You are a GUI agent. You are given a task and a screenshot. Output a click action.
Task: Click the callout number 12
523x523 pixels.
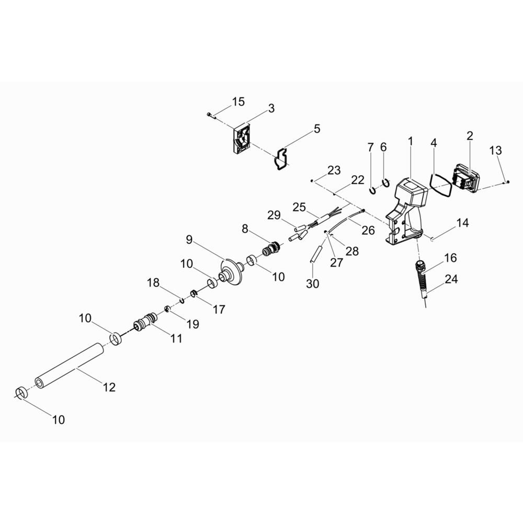pos(109,387)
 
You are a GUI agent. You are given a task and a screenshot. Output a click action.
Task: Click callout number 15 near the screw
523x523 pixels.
pos(238,101)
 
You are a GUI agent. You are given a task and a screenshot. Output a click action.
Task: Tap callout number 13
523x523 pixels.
pos(495,151)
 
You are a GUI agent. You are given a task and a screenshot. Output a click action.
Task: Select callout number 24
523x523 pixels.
pos(451,279)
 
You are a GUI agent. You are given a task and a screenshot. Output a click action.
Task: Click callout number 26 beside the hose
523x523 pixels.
pos(368,230)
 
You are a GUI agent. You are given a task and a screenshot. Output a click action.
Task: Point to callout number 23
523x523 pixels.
pos(334,170)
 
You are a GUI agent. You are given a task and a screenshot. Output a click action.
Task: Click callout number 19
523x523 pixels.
pos(193,324)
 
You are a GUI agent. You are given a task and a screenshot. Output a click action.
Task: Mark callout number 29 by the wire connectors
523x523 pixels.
pos(274,215)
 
